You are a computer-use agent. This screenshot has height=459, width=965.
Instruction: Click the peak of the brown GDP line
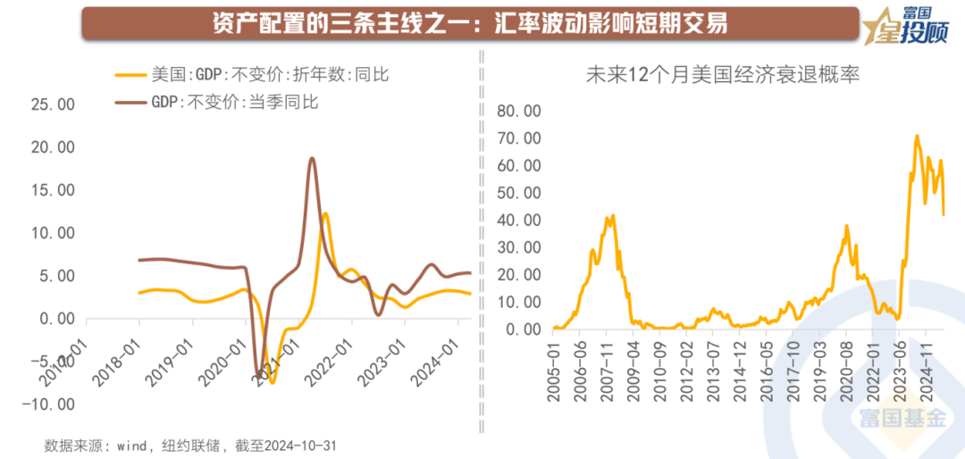(312, 159)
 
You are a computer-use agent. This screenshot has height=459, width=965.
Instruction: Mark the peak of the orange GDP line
(324, 213)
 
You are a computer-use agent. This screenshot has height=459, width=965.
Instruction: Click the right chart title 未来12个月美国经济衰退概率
(722, 75)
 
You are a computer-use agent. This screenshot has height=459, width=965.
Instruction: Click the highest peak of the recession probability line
(917, 137)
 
